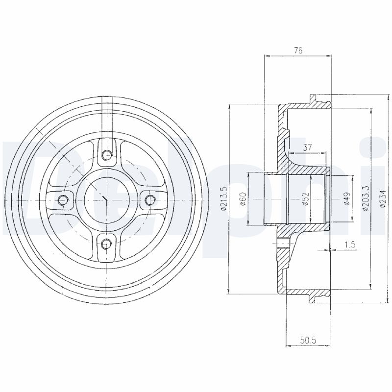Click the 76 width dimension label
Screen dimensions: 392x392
(298, 50)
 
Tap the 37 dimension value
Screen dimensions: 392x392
(308, 147)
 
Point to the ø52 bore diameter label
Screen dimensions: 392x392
(306, 199)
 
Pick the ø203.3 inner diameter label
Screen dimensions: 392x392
(365, 199)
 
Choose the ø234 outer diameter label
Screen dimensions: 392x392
(383, 199)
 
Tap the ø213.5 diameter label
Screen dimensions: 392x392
(223, 199)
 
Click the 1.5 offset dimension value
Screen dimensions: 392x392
(350, 244)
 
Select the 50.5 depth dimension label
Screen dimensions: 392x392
(309, 340)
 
